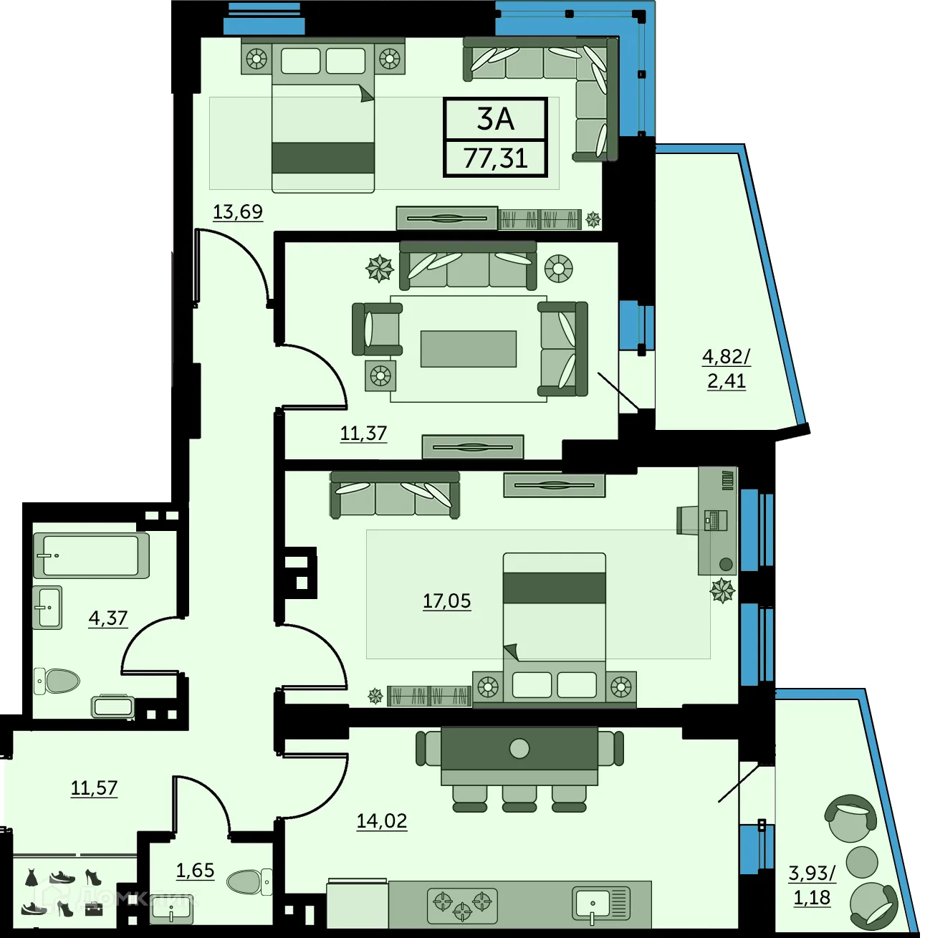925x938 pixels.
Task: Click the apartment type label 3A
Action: pyautogui.click(x=496, y=119)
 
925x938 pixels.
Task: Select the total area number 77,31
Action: pyautogui.click(x=496, y=158)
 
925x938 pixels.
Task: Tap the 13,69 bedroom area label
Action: pyautogui.click(x=238, y=212)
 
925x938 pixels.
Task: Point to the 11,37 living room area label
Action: pyautogui.click(x=363, y=434)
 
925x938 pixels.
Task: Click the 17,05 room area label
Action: pyautogui.click(x=446, y=600)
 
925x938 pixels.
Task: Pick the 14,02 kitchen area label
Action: pyautogui.click(x=382, y=820)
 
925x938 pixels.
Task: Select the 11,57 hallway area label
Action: pyautogui.click(x=94, y=788)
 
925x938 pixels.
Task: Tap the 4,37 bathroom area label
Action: pyautogui.click(x=108, y=618)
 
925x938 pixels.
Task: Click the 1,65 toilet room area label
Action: pyautogui.click(x=195, y=870)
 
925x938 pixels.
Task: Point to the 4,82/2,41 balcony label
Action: pyautogui.click(x=727, y=368)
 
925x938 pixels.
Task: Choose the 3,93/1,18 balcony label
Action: pyautogui.click(x=812, y=884)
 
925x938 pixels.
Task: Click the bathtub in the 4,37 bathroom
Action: pyautogui.click(x=91, y=555)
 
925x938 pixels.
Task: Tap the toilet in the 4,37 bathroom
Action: pyautogui.click(x=59, y=681)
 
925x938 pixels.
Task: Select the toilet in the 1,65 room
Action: pyautogui.click(x=247, y=881)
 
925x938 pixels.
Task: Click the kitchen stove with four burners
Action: pyautogui.click(x=462, y=905)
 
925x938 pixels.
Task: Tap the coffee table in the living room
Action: pyautogui.click(x=469, y=348)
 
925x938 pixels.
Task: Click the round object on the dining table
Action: pyautogui.click(x=519, y=749)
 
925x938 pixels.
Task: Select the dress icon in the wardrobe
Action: pyautogui.click(x=32, y=877)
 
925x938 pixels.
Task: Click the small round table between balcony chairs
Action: pyautogui.click(x=861, y=861)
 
